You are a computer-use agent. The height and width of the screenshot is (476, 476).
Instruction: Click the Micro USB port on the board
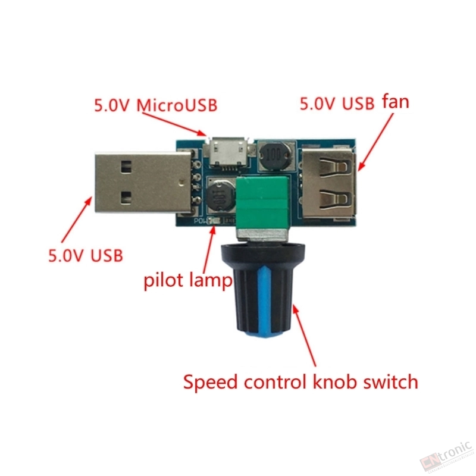[228, 152]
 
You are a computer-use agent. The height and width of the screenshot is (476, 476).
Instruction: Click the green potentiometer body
[262, 202]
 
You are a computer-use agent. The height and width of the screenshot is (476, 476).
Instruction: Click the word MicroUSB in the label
[177, 105]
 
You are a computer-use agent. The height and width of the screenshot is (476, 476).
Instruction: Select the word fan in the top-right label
[395, 101]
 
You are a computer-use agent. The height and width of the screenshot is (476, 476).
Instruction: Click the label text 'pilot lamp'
[187, 280]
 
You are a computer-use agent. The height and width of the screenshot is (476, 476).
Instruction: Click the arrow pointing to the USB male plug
[76, 220]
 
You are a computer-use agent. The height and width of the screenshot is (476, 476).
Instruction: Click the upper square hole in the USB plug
[126, 167]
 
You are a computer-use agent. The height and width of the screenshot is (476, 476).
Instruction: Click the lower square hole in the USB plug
[126, 198]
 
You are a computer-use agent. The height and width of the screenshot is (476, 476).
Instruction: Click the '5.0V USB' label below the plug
[86, 256]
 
